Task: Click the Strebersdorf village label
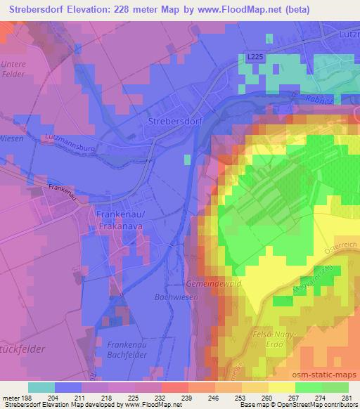pos(175,121)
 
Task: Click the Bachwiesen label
pos(174,297)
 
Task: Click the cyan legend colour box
pos(41,387)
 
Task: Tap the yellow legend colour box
pos(281,387)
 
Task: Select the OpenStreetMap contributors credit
pos(321,405)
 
